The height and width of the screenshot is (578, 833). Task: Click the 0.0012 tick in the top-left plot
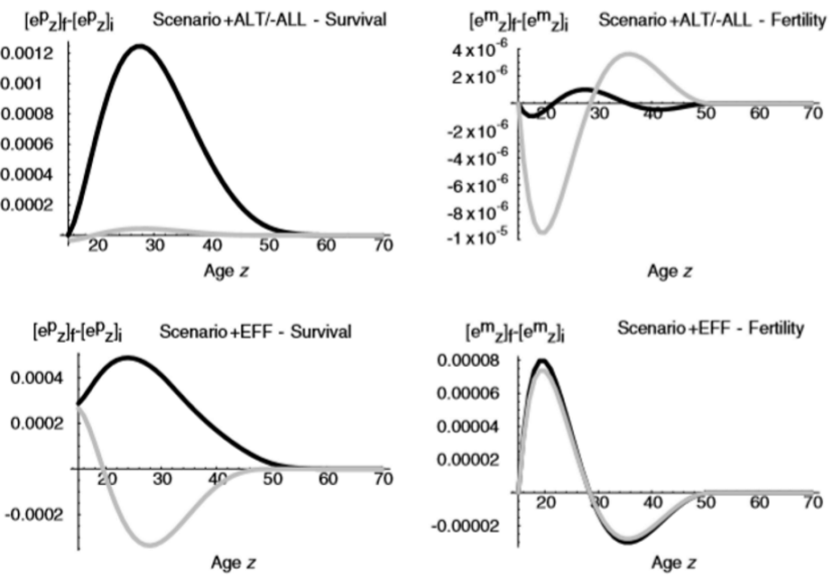click(27, 54)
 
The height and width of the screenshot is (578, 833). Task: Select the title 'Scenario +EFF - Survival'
click(255, 332)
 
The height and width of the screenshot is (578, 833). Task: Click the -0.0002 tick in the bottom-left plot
click(33, 515)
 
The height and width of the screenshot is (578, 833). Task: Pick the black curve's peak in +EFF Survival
click(130, 357)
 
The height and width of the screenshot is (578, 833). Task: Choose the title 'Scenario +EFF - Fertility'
click(710, 328)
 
